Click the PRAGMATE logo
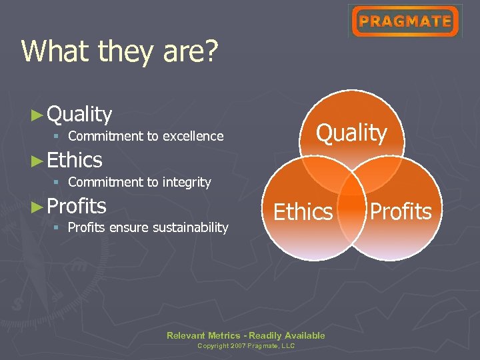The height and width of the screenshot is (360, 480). point(405,21)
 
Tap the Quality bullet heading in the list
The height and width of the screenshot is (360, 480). point(79,115)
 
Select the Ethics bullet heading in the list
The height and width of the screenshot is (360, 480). point(75,160)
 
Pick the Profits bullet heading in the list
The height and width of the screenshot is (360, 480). point(77,206)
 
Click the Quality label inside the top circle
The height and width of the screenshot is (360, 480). point(351,133)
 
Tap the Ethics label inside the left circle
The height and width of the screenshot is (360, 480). point(303,212)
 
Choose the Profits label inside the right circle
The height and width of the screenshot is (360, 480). point(401,212)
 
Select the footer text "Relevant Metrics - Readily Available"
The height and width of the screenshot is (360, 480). point(246,335)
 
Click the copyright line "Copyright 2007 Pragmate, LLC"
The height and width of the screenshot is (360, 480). point(246,346)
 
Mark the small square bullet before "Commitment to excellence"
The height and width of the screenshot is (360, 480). point(57,137)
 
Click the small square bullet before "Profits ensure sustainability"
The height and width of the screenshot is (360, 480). point(57,228)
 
